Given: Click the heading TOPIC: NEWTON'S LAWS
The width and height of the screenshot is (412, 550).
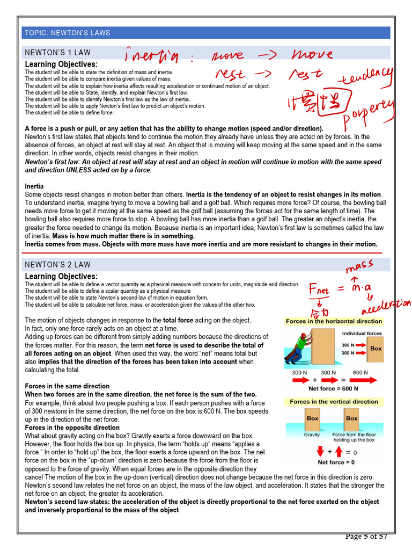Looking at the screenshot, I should point(67,33).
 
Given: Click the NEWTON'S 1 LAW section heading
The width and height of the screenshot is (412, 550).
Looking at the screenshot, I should point(58,53).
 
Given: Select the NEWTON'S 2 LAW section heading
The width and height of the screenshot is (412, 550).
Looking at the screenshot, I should point(58,265).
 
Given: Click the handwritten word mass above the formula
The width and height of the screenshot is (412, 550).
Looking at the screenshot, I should point(359,265).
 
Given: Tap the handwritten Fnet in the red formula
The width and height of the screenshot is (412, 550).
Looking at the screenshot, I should point(319,290).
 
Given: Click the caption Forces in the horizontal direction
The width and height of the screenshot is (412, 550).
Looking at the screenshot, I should point(334,321).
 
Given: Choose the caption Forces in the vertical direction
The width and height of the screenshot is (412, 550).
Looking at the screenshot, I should point(334,402).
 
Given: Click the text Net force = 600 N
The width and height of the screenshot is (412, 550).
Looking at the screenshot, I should point(334,389).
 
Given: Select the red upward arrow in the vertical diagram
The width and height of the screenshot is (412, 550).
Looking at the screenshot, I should point(339,452).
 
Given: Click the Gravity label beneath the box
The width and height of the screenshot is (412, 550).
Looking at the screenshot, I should point(312,435).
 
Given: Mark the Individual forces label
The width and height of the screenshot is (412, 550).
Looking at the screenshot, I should point(362,334).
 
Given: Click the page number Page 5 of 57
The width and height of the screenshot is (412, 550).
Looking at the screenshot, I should point(366,537).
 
